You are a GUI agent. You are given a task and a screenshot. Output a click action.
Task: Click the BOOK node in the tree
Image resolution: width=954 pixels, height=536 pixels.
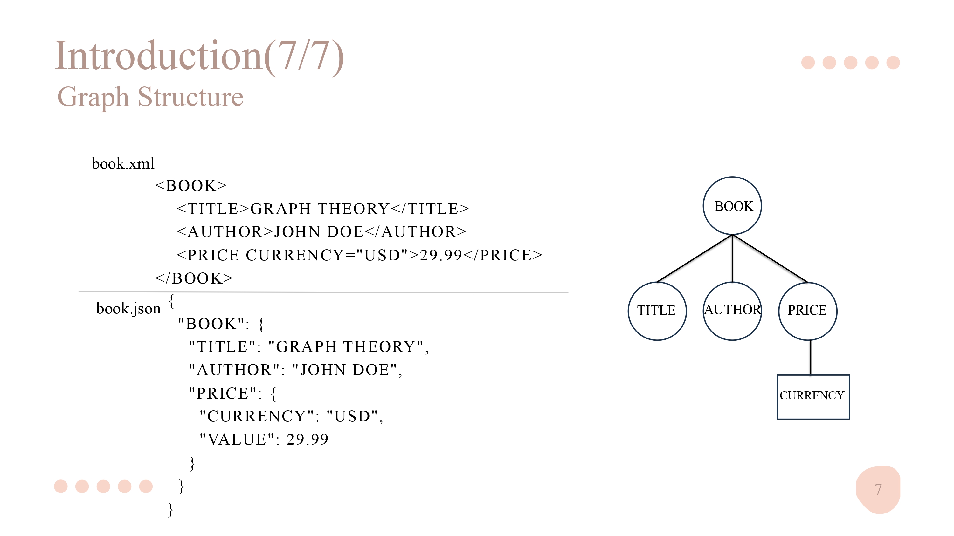click(x=732, y=206)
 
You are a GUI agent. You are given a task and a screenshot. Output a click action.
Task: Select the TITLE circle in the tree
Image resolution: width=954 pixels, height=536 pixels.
click(x=657, y=311)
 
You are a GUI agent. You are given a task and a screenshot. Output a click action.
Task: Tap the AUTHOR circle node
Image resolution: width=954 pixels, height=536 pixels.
click(x=732, y=311)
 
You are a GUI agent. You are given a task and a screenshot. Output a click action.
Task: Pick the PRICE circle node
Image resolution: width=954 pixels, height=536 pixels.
click(x=808, y=311)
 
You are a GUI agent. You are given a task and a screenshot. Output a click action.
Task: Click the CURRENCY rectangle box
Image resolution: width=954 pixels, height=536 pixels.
click(x=813, y=397)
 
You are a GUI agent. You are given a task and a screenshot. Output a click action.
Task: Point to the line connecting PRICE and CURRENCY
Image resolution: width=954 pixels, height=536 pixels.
click(x=810, y=358)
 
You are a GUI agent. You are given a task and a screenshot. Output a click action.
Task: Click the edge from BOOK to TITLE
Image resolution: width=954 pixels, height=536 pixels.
click(x=695, y=258)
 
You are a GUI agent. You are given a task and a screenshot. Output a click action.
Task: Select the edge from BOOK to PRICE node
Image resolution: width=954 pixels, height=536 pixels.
click(x=770, y=258)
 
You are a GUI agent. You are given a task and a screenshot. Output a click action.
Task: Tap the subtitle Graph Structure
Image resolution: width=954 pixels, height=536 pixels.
click(x=150, y=97)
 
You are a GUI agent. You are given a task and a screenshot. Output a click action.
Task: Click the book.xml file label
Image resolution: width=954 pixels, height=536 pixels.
click(x=123, y=164)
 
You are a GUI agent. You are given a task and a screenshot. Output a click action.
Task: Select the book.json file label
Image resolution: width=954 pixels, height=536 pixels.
click(x=128, y=308)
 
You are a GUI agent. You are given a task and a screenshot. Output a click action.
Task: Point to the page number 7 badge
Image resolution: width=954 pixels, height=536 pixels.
click(x=878, y=489)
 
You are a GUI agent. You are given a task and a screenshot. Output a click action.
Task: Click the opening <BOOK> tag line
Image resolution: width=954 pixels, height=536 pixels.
click(x=191, y=185)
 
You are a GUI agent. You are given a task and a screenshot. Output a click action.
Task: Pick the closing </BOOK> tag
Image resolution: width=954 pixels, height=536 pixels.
click(x=194, y=278)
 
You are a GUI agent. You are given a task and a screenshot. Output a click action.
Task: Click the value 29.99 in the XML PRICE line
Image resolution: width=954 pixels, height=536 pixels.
click(x=441, y=255)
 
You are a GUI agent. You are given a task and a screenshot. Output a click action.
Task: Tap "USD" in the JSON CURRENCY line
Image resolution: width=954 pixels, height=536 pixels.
click(x=352, y=416)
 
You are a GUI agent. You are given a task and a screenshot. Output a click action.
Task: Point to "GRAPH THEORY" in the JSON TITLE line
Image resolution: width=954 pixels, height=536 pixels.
click(x=346, y=347)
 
